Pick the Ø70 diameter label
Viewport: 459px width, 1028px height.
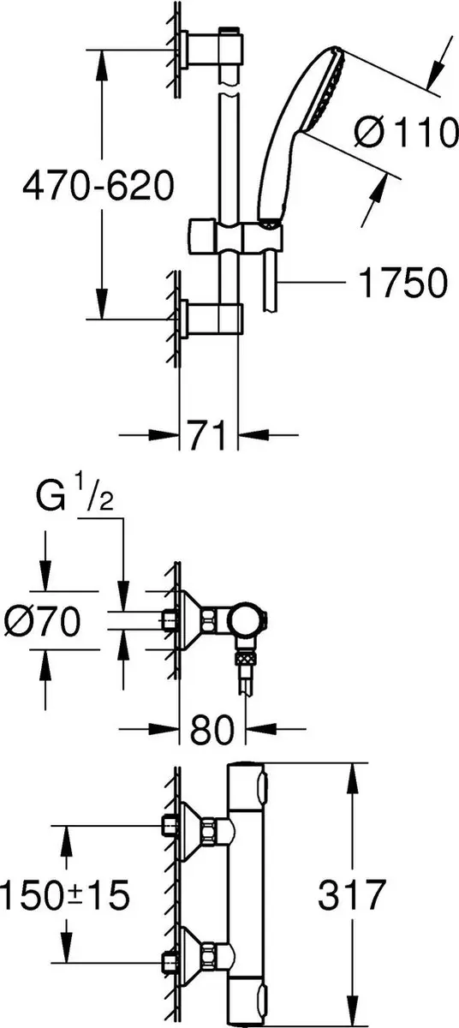(42, 621)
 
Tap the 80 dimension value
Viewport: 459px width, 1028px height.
(212, 729)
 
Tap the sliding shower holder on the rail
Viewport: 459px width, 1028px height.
(235, 236)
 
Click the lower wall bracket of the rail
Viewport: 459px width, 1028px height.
(211, 320)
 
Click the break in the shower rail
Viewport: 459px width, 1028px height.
(229, 89)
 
